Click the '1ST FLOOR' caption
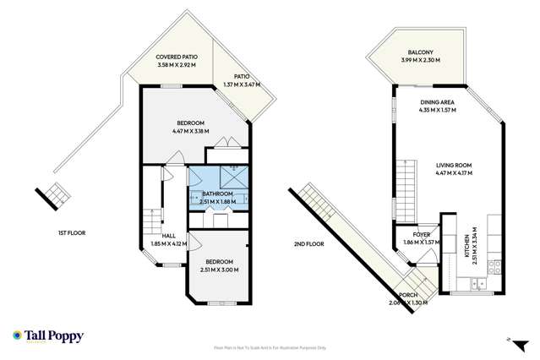point(72,232)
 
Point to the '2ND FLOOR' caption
point(309,243)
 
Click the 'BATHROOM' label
point(218,194)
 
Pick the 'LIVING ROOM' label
point(453,165)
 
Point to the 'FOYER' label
point(422,234)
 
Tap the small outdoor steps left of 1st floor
point(55,194)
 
